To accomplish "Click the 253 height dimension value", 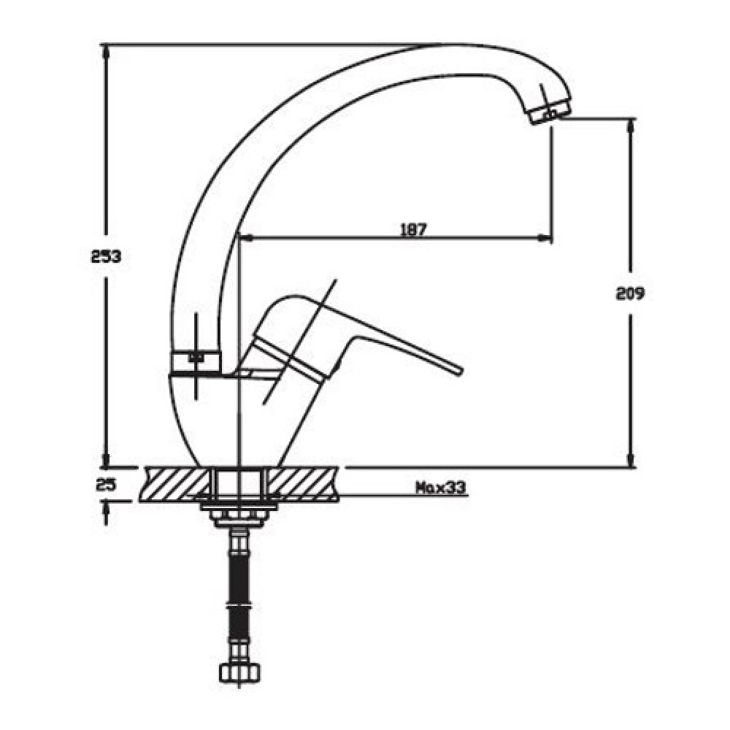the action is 106,256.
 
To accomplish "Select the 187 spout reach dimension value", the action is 413,229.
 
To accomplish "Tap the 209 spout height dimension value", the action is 631,293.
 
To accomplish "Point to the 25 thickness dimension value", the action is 106,485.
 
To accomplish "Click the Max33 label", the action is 441,488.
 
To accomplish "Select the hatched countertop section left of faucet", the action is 175,484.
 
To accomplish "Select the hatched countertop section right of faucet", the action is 304,484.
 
